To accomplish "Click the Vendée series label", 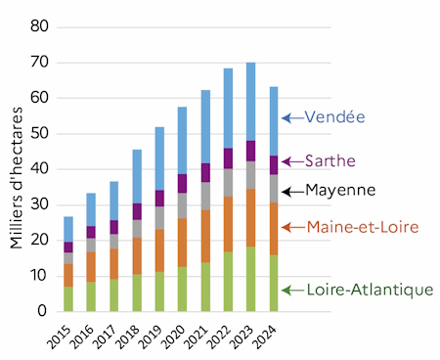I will [334, 117].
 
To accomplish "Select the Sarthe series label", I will [330, 160].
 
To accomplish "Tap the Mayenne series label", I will [340, 190].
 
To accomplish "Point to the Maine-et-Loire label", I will [363, 227].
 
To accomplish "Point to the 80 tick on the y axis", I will [38, 26].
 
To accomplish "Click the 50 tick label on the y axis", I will [38, 133].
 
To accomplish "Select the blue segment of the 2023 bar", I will [251, 102].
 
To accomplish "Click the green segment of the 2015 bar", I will [68, 298].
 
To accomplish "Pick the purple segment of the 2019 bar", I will [158, 198].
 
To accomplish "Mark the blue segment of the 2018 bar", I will [137, 176].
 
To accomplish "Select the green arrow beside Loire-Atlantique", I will [291, 290].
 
